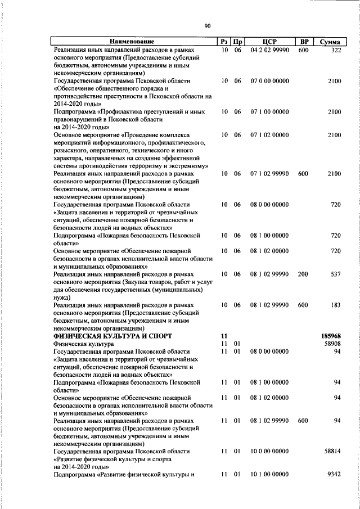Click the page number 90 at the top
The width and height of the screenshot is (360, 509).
click(207, 26)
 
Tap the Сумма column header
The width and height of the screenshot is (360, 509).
click(330, 42)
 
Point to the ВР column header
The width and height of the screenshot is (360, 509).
click(304, 42)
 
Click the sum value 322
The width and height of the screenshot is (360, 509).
click(336, 50)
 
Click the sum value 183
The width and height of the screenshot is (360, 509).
click(336, 305)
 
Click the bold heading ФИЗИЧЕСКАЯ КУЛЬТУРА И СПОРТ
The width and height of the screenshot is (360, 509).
click(106, 336)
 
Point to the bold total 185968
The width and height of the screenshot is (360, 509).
click(331, 336)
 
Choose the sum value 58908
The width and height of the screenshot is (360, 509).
click(333, 344)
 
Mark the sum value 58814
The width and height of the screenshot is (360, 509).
click(333, 452)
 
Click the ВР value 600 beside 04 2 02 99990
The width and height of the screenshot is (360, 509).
click(303, 50)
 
